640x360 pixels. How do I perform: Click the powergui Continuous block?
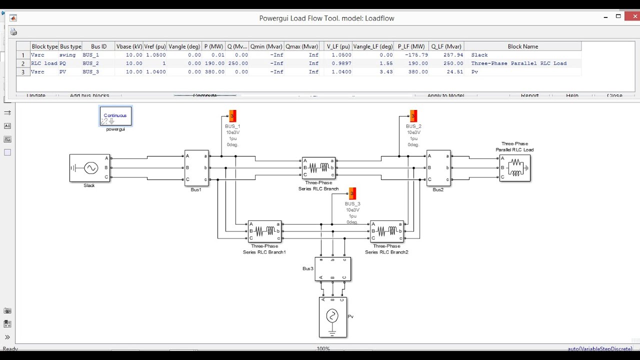click(115, 116)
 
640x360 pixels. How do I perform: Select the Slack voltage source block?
click(89, 168)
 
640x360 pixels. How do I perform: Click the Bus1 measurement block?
click(196, 168)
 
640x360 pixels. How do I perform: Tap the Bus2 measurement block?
click(438, 168)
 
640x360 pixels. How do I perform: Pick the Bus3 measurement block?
click(332, 269)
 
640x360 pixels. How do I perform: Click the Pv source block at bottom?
click(332, 317)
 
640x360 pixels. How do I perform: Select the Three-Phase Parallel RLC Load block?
click(514, 168)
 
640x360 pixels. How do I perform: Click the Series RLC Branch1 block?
click(264, 231)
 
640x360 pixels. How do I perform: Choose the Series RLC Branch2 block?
click(386, 231)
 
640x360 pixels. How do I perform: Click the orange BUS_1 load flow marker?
click(232, 116)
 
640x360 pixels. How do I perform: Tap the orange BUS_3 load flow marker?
click(352, 193)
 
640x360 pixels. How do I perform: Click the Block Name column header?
click(522, 46)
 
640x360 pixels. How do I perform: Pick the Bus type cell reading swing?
click(68, 55)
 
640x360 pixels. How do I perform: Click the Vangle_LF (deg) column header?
click(372, 46)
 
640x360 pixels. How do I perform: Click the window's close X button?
click(632, 16)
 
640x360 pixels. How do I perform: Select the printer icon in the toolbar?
click(13, 32)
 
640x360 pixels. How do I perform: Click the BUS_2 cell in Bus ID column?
click(91, 63)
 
